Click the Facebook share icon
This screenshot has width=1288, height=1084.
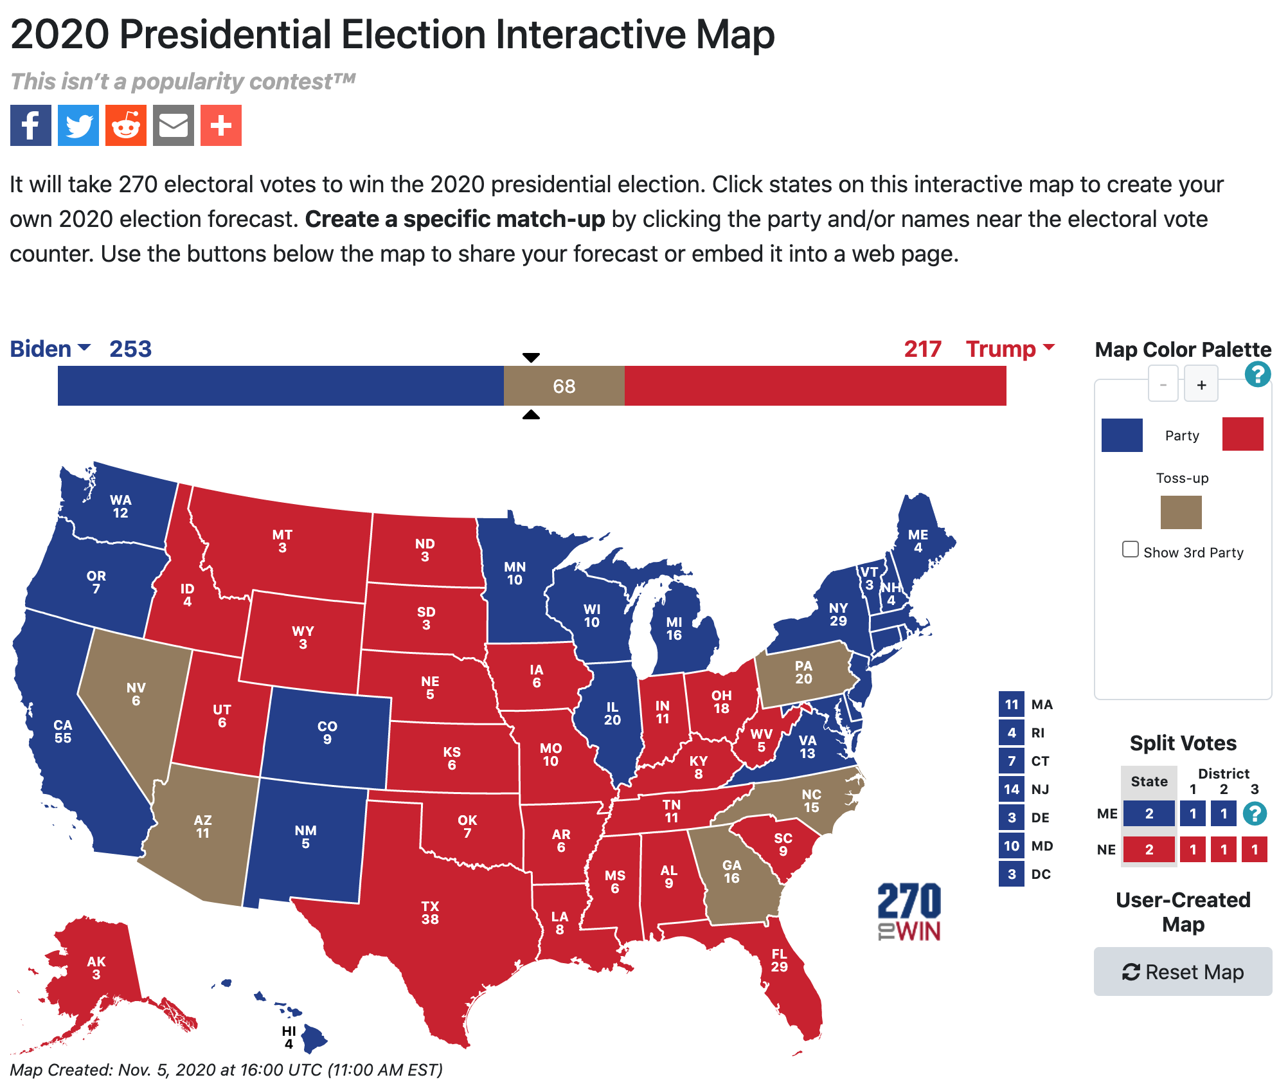pyautogui.click(x=31, y=125)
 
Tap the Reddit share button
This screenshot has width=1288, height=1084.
pyautogui.click(x=126, y=125)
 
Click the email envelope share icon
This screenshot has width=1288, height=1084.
pyautogui.click(x=174, y=125)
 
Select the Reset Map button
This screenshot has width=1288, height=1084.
pyautogui.click(x=1183, y=971)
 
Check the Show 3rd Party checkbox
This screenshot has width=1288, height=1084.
pyautogui.click(x=1130, y=549)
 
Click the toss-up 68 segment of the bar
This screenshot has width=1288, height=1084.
pyautogui.click(x=564, y=386)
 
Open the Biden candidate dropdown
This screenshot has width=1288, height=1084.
pyautogui.click(x=50, y=348)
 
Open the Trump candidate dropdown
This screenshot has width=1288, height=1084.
pyautogui.click(x=1010, y=348)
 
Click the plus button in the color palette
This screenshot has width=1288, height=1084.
pyautogui.click(x=1201, y=384)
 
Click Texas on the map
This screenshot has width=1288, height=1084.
pyautogui.click(x=430, y=913)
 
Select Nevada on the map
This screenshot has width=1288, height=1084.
pyautogui.click(x=136, y=694)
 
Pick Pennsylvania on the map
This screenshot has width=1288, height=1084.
pyautogui.click(x=803, y=673)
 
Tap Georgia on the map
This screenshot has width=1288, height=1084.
pyautogui.click(x=731, y=872)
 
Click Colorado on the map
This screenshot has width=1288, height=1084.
pyautogui.click(x=327, y=733)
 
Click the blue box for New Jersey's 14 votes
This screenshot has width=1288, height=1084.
pyautogui.click(x=1012, y=789)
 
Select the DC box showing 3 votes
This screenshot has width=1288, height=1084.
pyautogui.click(x=1012, y=874)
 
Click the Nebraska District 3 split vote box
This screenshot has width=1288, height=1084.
pyautogui.click(x=1254, y=849)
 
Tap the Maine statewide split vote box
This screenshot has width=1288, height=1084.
pyautogui.click(x=1149, y=813)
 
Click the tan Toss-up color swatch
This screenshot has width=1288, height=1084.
pyautogui.click(x=1181, y=512)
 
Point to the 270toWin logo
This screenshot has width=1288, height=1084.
pyautogui.click(x=909, y=912)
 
